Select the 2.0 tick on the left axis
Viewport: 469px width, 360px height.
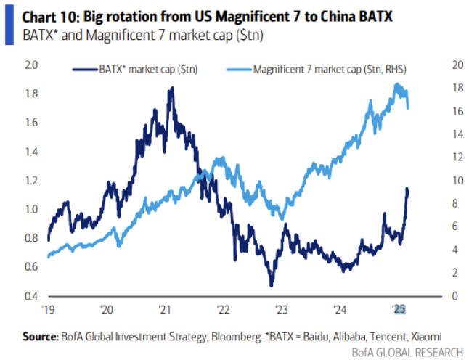click(31, 65)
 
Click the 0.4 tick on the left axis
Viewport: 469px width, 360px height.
click(31, 296)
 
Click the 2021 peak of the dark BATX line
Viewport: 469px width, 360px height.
click(171, 88)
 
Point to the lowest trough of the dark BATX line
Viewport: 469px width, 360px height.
click(271, 285)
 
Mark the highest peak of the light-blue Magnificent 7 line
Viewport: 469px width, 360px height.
click(397, 84)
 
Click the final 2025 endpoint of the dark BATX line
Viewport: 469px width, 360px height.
click(408, 190)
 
